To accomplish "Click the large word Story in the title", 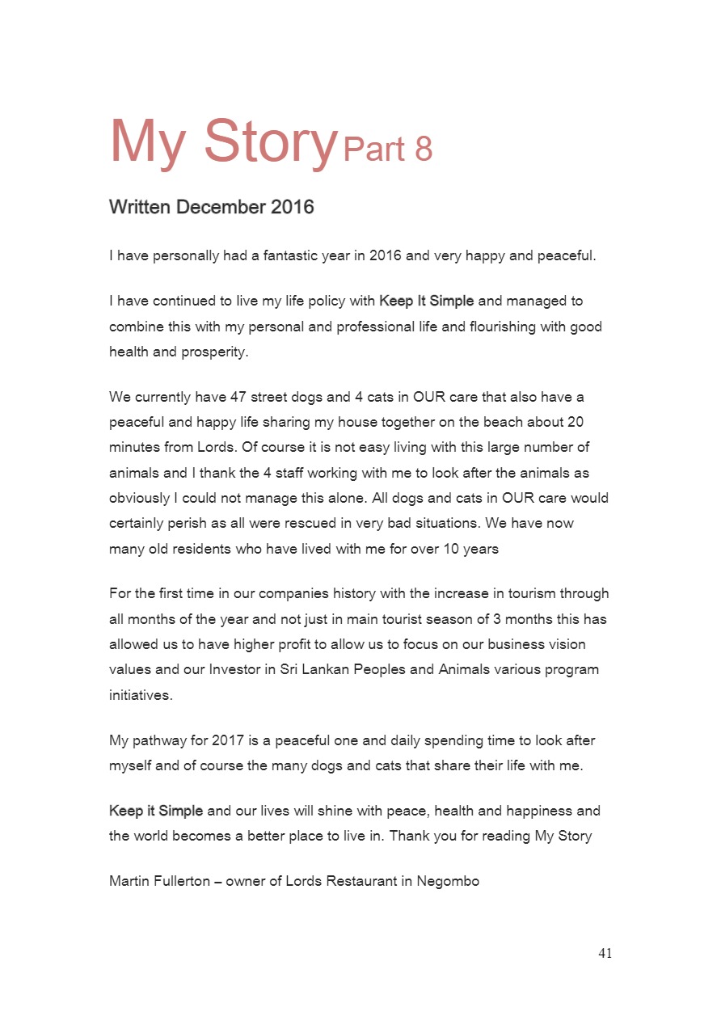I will coord(269,142).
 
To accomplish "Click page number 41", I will coord(605,954).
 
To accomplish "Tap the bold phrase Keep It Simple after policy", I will coord(426,301).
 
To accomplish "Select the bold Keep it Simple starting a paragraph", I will coord(156,811).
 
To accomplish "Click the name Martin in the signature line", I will coord(129,881).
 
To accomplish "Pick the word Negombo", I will coord(448,881).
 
